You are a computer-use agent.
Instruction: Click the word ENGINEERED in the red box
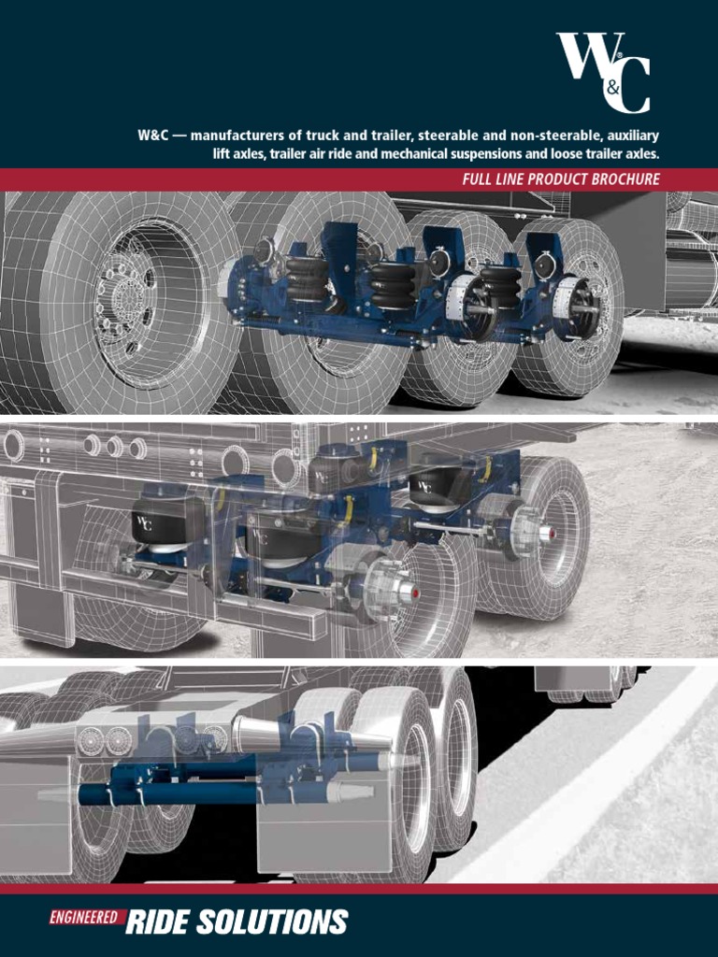[83, 918]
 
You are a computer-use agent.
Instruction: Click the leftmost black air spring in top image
[308, 278]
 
